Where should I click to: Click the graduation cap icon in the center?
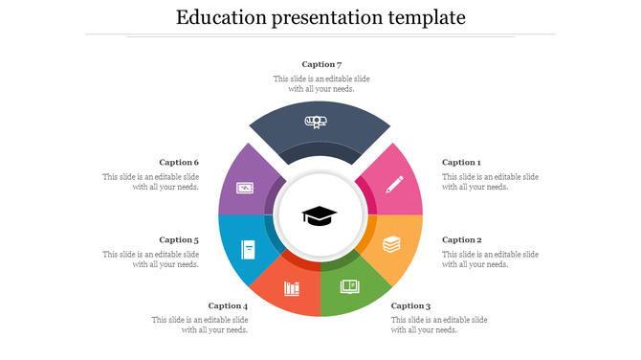pos(320,215)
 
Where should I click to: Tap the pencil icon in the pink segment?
pos(394,184)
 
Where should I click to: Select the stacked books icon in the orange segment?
pos(391,244)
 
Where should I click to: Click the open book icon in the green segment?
pos(349,286)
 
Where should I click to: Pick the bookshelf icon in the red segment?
pos(291,287)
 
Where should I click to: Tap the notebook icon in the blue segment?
pos(248,249)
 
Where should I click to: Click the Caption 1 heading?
pos(461,163)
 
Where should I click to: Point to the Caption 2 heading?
pos(461,240)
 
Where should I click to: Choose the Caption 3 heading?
pos(410,305)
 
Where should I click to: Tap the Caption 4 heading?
pos(228,305)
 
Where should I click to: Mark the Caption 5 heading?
pos(179,240)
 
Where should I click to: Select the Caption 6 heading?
pos(179,163)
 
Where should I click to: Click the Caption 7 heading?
pos(321,64)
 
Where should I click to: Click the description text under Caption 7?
pos(321,83)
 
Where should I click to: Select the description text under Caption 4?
pos(201,325)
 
